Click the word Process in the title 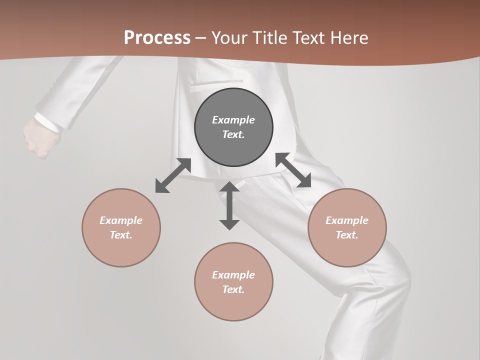157,38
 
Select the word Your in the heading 229,38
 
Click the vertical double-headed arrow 229,205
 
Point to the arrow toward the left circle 173,175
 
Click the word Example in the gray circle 233,120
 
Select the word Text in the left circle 121,235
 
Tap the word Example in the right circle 347,220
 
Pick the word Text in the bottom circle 233,289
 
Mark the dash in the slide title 201,38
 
